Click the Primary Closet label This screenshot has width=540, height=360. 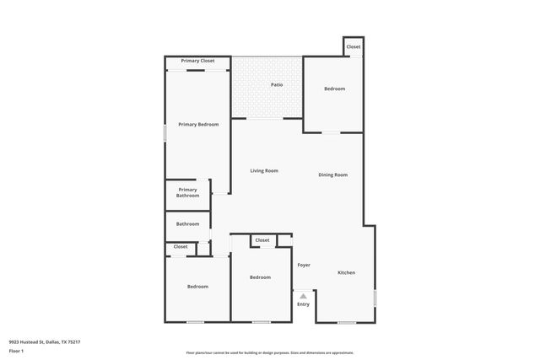tap(197, 61)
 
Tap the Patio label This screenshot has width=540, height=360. tap(277, 84)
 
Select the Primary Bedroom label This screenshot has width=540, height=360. tap(198, 124)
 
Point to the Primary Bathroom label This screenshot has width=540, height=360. tap(187, 192)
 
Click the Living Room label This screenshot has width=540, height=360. tap(264, 170)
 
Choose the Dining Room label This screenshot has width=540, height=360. tap(332, 175)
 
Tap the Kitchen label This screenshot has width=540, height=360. tap(347, 272)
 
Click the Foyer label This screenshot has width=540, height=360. tap(303, 265)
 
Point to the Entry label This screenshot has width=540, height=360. tap(303, 304)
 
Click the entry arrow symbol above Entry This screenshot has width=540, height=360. tap(303, 295)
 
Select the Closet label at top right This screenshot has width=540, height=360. tap(354, 46)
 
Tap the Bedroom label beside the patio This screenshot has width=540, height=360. tap(334, 89)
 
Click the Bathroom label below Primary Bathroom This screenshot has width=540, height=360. tap(187, 223)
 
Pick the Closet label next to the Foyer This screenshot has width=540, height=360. tap(262, 240)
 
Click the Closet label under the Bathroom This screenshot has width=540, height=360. tap(181, 246)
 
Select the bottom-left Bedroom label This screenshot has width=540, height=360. tap(197, 287)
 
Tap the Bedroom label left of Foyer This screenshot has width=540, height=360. tap(260, 277)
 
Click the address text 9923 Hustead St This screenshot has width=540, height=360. tap(45, 341)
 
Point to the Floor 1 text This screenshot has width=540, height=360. tap(16, 350)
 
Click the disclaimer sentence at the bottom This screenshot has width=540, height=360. tap(269, 352)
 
